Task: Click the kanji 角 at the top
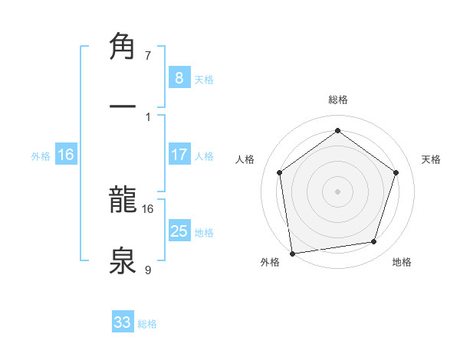pos(123,47)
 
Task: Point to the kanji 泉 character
pos(123,259)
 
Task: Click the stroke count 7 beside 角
pos(148,55)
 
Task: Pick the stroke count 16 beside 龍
pos(148,208)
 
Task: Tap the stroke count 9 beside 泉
pos(148,269)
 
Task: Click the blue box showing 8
pos(179,78)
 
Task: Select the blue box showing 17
pos(179,155)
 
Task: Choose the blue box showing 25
pos(179,231)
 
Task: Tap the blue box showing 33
pos(123,322)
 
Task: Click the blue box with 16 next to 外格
pos(66,155)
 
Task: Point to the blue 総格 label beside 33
pos(147,324)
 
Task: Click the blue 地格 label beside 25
pos(204,233)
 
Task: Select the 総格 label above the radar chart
pos(337,100)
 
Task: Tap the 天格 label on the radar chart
pos(432,159)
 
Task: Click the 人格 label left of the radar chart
pos(245,159)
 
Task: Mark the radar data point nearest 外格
pos(291,253)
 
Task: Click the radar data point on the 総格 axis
pos(337,131)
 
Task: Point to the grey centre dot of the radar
pos(337,191)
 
